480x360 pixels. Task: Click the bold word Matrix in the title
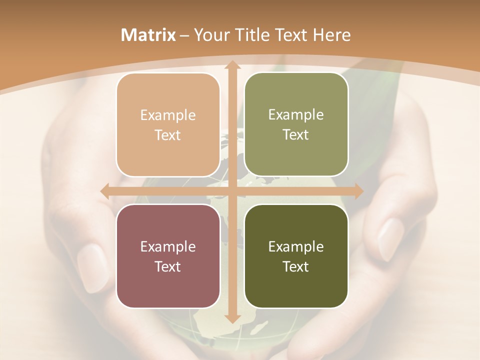[148, 35]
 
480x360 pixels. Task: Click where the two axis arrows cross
[232, 191]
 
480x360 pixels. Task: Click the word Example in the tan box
[168, 115]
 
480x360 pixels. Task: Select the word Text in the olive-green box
[296, 135]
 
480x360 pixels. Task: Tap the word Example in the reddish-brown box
[168, 247]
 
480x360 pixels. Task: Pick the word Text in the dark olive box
[296, 266]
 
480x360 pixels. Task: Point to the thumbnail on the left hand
[93, 267]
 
